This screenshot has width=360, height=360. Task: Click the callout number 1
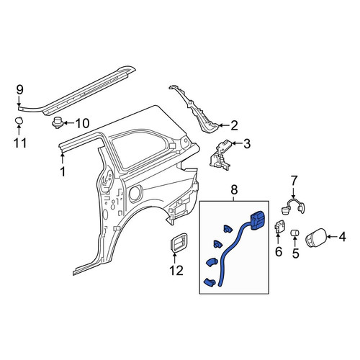point(63,172)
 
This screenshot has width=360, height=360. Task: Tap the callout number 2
point(234,125)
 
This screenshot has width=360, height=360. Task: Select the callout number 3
point(246,144)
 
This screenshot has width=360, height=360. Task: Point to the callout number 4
point(342,237)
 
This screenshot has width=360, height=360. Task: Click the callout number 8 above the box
point(234,189)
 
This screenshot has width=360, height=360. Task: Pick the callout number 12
point(176,271)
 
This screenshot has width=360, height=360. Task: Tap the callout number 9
point(20,90)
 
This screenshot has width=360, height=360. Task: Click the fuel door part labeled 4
point(315,238)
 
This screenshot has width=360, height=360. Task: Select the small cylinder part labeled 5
point(294,233)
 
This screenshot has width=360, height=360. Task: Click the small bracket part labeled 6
point(279,227)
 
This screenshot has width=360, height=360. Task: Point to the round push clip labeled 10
point(58,122)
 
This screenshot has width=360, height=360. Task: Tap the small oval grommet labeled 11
point(19,120)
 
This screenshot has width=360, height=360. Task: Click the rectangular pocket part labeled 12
point(179,242)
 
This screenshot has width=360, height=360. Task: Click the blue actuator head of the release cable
point(258,220)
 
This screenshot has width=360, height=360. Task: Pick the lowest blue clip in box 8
point(210,282)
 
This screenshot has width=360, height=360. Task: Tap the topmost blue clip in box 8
point(228,229)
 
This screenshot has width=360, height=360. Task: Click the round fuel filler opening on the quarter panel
point(136,194)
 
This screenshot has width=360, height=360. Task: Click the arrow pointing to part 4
point(331,237)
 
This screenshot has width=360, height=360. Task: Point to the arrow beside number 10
point(69,124)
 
